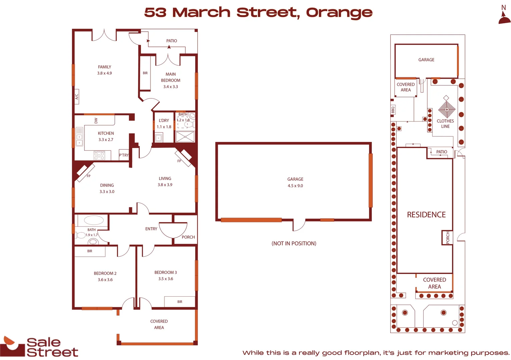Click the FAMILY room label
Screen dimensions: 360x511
[x=104, y=67]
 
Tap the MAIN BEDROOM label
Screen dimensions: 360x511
[x=170, y=77]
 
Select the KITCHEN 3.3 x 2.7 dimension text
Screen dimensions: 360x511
[x=106, y=140]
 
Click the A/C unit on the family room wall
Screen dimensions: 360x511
[x=76, y=96]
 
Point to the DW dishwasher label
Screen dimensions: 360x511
[x=96, y=120]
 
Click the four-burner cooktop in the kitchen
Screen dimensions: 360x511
[x=99, y=155]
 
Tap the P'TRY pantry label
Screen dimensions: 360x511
[x=124, y=155]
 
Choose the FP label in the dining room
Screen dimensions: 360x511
[x=88, y=176]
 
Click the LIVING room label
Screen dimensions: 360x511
[x=165, y=179]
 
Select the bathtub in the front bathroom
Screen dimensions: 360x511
[x=94, y=220]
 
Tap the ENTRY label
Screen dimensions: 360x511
[x=151, y=229]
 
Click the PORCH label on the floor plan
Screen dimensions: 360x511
[x=188, y=237]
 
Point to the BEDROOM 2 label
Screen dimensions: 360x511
[x=105, y=273]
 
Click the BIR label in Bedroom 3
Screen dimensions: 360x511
[x=180, y=302]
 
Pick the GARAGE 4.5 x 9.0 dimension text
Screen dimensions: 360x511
[x=295, y=186]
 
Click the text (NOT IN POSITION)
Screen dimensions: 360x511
[x=294, y=243]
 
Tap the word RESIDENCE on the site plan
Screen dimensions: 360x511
[x=426, y=215]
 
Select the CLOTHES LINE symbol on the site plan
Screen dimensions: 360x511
[x=447, y=109]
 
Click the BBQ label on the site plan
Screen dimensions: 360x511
[x=393, y=110]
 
